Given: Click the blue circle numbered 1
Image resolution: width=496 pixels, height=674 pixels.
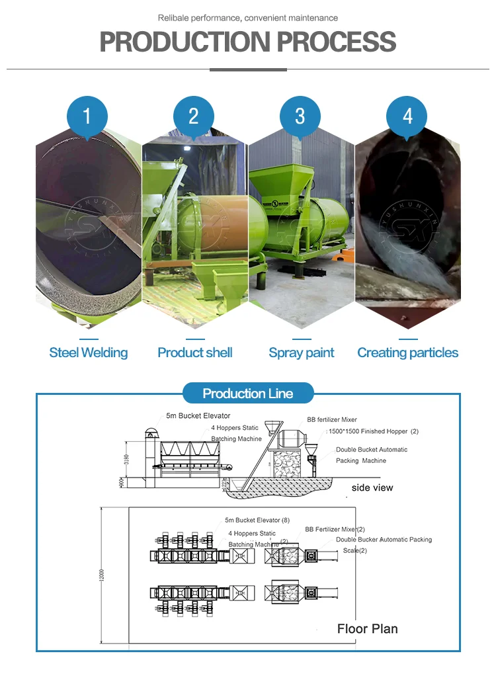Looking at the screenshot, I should coord(87,117).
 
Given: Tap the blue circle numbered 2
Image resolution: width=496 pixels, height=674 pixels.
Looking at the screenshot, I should coord(194,117).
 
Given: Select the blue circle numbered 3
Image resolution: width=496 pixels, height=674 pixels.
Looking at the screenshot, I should coord(300,117).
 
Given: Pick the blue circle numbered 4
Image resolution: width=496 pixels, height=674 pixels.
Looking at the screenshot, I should coord(407,117).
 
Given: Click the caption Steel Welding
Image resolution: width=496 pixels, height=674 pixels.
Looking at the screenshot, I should coord(89,353).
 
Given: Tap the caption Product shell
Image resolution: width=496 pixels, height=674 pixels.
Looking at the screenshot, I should coord(195,353).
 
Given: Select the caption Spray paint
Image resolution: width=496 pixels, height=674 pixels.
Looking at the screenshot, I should coord(302,353).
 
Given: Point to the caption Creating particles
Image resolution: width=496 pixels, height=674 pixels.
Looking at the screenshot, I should coord(407,353).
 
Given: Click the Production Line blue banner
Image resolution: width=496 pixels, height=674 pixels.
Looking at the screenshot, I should coord(248,394).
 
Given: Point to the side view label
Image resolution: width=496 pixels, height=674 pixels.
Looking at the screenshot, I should coord(372,487).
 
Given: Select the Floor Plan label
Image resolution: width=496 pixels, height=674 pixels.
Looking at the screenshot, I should coord(368,628).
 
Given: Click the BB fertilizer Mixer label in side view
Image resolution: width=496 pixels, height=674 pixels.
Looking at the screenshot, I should coord(332,419).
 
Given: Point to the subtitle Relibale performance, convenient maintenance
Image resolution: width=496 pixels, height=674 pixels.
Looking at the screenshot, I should coord(248,18).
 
